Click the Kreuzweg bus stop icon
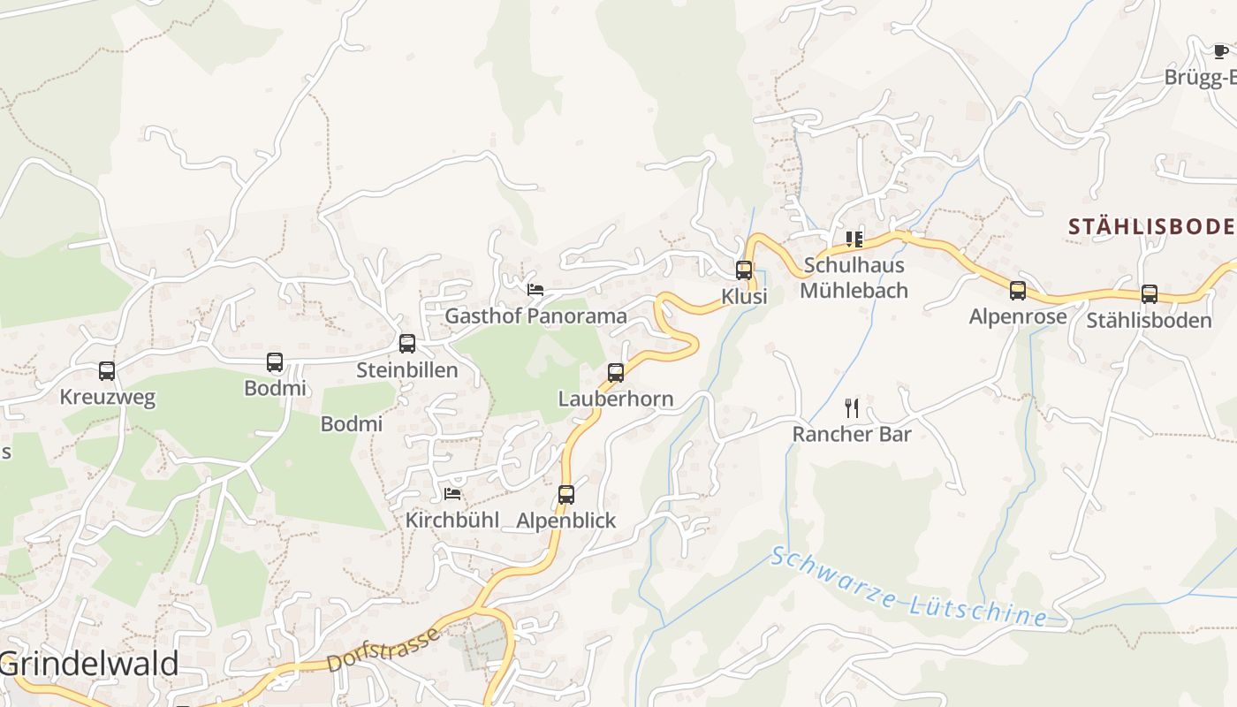click(x=107, y=371)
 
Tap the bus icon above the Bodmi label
click(x=275, y=362)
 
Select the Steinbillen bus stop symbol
click(x=407, y=344)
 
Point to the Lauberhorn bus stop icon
click(x=616, y=373)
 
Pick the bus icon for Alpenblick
click(x=566, y=495)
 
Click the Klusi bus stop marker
click(x=744, y=270)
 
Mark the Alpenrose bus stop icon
click(x=1018, y=291)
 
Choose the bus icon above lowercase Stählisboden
click(x=1150, y=294)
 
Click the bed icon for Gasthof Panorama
click(x=535, y=289)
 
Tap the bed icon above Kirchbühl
click(x=453, y=493)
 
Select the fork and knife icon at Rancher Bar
click(x=852, y=407)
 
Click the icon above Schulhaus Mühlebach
click(x=854, y=239)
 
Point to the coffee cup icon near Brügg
click(x=1221, y=51)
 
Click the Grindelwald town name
click(x=89, y=664)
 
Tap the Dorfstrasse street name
click(x=383, y=650)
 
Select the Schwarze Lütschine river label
click(x=908, y=587)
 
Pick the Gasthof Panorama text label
click(x=535, y=315)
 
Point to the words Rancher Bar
click(x=852, y=434)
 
